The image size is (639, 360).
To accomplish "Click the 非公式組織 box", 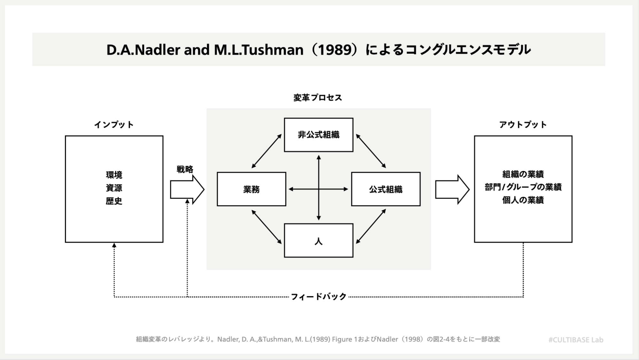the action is (318, 135).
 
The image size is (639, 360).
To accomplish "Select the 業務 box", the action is (251, 189).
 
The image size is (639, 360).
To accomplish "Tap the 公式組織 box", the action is (386, 189).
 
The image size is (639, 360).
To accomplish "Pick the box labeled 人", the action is (318, 240).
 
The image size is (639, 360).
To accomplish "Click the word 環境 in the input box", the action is (114, 175).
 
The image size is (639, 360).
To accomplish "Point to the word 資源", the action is (114, 188).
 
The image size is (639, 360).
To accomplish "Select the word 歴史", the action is (114, 201).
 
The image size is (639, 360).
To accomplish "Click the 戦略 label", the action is (185, 169).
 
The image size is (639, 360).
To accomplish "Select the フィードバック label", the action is (318, 297).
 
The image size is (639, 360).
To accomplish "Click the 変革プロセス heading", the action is (318, 98).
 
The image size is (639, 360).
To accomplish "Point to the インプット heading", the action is (114, 125).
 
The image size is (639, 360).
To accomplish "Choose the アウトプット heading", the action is (523, 125).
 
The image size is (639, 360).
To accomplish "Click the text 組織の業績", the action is (523, 174).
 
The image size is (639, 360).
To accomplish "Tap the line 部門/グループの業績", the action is (523, 187).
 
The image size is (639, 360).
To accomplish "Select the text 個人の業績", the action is (523, 200).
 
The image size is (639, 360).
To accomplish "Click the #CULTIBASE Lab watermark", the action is (576, 340).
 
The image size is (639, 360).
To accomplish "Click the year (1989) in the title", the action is (334, 50).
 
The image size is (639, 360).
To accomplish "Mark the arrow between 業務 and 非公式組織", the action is (266, 151).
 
